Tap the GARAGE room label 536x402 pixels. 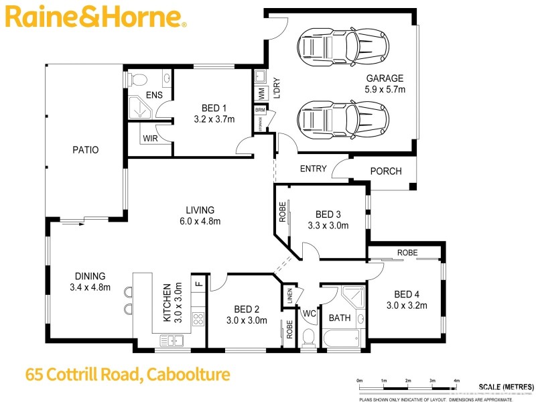385,78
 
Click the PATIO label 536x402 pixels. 86,150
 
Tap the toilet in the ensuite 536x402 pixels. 137,79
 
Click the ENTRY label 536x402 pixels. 312,169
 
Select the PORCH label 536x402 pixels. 386,171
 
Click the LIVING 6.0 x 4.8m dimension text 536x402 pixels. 200,221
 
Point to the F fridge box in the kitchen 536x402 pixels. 198,283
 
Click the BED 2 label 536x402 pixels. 247,309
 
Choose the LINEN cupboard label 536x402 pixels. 289,295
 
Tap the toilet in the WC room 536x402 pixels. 309,335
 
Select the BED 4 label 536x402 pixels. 407,294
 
